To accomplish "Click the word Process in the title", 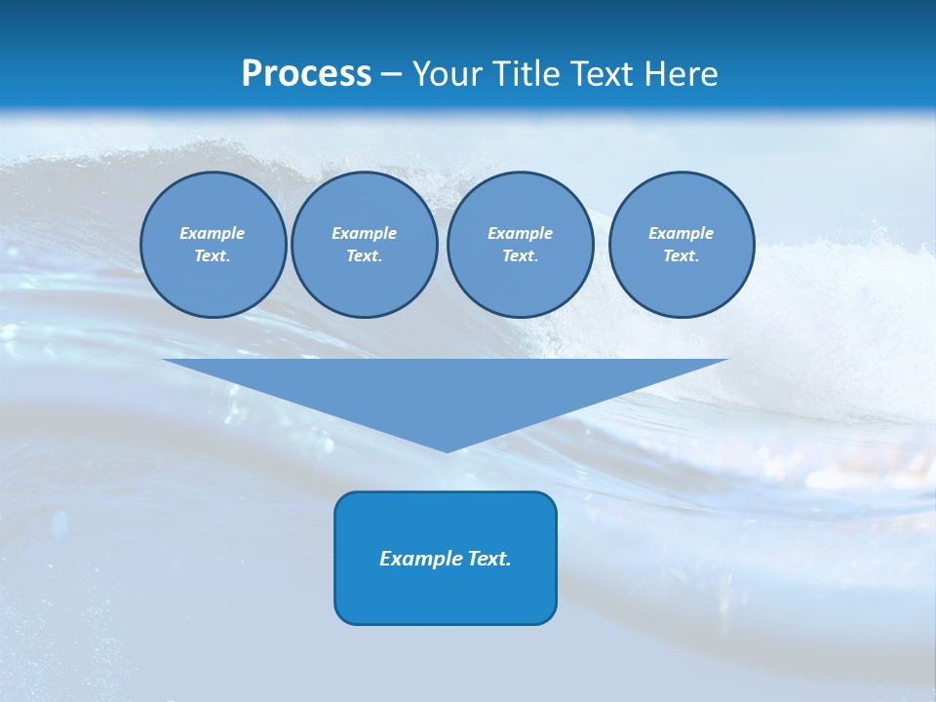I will pos(306,74).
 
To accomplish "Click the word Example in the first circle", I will pos(213,233).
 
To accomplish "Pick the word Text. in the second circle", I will pos(365,255).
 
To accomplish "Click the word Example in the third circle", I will pos(521,233).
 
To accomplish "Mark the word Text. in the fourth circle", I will pos(682,255).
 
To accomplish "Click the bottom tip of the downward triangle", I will pos(447,449).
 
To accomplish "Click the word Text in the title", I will pos(604,74).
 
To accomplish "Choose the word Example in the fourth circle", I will pos(682,233).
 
